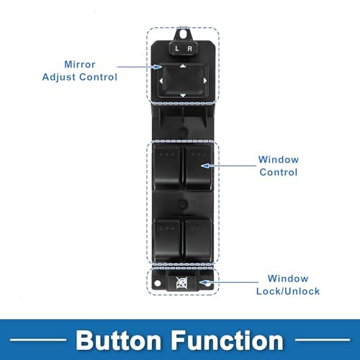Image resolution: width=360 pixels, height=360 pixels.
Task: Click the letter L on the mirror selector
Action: [177, 48]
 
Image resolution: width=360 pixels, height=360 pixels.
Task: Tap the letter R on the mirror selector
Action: [189, 49]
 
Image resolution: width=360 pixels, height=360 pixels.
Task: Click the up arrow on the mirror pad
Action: [183, 66]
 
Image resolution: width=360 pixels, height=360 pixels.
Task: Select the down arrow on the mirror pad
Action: [183, 96]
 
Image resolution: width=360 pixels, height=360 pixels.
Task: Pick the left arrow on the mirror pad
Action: [161, 81]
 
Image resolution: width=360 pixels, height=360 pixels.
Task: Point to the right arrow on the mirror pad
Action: [205, 81]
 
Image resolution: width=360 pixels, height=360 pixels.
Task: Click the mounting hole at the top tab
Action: [183, 35]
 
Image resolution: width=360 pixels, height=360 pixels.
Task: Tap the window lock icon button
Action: [181, 282]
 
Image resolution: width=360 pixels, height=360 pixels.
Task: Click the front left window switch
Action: [166, 167]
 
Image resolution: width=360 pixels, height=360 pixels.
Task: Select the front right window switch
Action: [199, 167]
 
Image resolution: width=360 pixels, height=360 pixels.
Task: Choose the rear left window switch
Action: [167, 240]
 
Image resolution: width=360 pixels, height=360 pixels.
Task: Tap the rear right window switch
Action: [198, 240]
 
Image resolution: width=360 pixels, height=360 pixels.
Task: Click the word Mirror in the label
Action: [80, 64]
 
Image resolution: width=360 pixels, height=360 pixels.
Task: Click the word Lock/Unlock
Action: [288, 291]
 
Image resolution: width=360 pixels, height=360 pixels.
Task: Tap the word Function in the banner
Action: [228, 341]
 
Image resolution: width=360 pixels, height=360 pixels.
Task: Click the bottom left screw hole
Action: [158, 284]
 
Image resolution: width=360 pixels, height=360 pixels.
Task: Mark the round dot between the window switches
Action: [183, 204]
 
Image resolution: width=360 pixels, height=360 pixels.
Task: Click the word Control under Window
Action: [279, 172]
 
